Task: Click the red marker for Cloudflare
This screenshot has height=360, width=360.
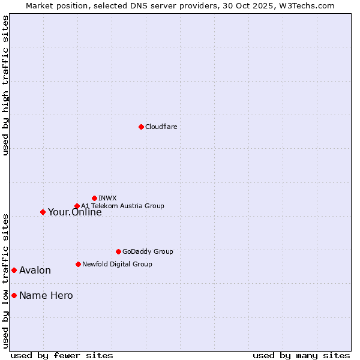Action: tap(141, 127)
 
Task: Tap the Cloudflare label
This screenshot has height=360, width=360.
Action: tap(161, 127)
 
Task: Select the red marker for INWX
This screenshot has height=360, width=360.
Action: tap(94, 198)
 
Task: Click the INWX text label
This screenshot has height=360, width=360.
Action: tap(107, 198)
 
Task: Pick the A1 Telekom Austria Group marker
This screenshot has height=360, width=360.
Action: tap(77, 206)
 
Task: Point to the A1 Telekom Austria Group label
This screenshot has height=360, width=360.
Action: tap(122, 206)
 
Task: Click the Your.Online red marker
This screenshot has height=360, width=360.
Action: tap(43, 212)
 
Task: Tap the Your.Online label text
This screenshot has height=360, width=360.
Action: tap(74, 212)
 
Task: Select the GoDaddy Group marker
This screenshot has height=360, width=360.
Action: tap(118, 251)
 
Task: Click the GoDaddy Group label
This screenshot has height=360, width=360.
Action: tap(148, 251)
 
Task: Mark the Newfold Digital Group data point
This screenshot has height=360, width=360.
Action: tap(78, 264)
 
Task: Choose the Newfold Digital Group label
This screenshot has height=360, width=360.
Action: tap(117, 264)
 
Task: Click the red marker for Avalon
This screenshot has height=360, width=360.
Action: tap(14, 270)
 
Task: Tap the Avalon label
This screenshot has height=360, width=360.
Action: tap(35, 270)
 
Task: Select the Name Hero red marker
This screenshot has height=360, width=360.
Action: tap(14, 295)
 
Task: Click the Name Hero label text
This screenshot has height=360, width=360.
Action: tap(46, 295)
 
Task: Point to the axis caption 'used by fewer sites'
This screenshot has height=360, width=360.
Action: tap(62, 355)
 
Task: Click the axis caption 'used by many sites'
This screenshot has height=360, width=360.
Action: tap(301, 355)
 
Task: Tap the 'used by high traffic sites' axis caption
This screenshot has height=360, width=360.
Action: tap(5, 85)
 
